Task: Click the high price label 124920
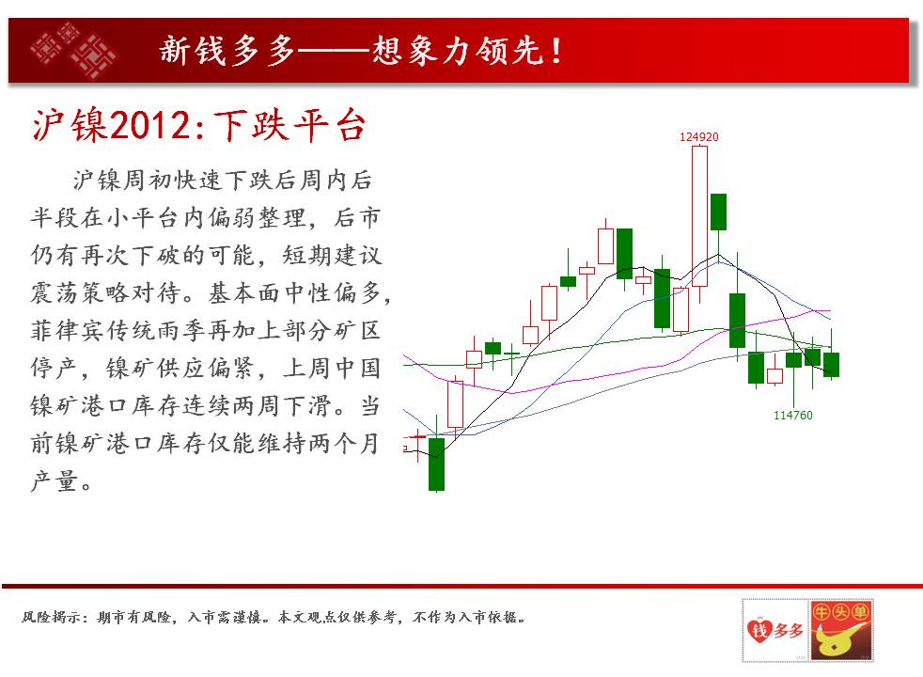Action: pos(698,137)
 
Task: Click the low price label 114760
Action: pos(792,415)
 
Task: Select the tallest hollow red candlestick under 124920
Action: pos(699,216)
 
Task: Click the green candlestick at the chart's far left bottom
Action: pos(436,464)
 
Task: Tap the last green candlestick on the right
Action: pos(831,365)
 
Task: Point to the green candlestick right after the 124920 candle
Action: pos(718,212)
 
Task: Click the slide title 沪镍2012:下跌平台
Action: pos(199,125)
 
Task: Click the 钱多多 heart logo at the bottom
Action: pos(774,631)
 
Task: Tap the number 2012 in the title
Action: pos(150,125)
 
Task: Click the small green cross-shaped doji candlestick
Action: pos(511,354)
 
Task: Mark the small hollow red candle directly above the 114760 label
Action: pos(774,375)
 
